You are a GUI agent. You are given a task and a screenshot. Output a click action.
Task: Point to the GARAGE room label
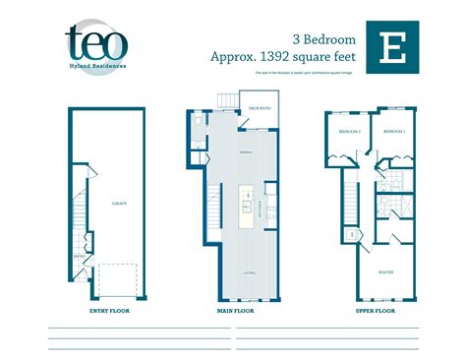click(120, 202)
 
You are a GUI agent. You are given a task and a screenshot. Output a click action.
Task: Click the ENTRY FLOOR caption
click(109, 310)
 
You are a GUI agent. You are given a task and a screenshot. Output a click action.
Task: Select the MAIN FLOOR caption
click(235, 310)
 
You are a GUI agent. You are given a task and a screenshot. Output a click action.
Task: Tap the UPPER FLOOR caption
click(375, 310)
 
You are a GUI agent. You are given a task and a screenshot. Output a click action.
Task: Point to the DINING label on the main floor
click(244, 155)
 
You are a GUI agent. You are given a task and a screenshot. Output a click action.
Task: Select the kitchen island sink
click(248, 196)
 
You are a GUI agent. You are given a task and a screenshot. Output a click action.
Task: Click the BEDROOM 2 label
click(350, 131)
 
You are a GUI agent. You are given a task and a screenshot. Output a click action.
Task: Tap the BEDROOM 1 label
click(393, 131)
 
